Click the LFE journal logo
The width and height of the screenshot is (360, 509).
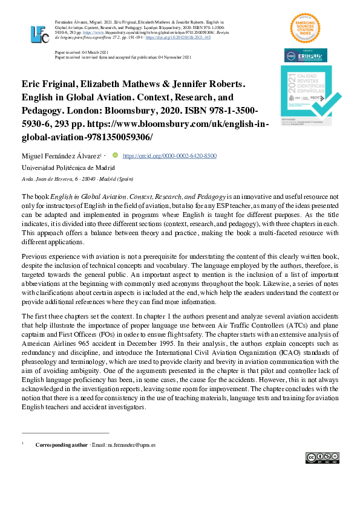tap(39, 34)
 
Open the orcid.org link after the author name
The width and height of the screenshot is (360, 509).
tap(169, 155)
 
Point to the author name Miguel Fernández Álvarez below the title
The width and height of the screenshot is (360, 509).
tap(61, 156)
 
